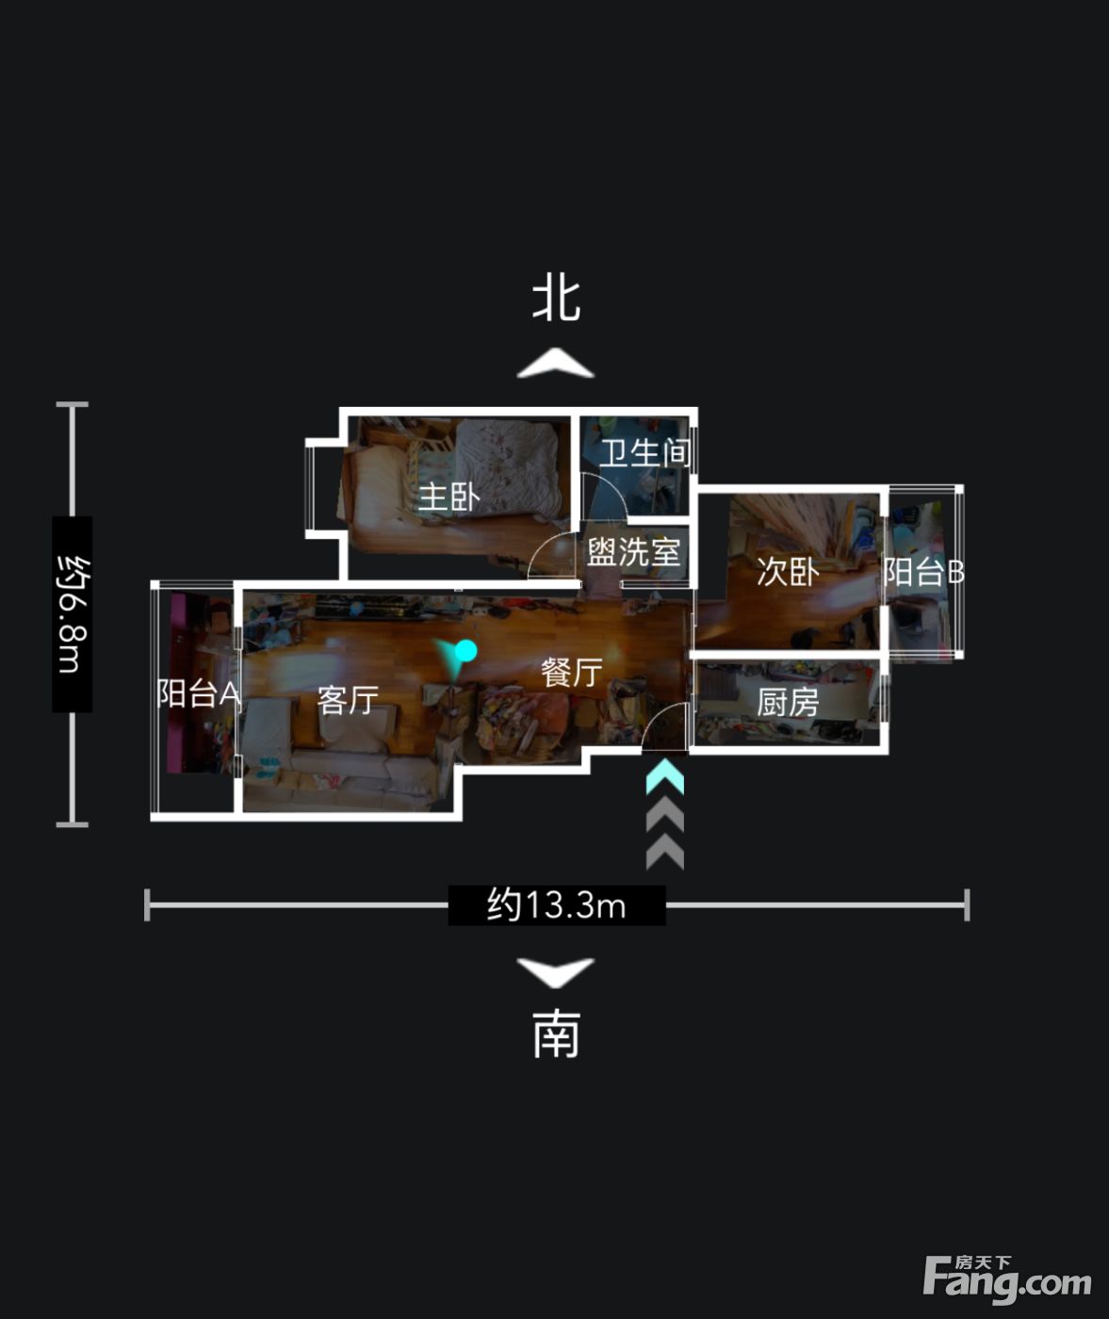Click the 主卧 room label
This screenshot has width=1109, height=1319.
(449, 497)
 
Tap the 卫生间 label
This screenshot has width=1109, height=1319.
(645, 453)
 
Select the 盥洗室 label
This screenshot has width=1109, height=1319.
(634, 552)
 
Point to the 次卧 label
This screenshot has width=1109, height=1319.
(788, 572)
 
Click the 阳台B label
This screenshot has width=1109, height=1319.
(923, 572)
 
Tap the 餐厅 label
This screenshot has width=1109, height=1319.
(571, 672)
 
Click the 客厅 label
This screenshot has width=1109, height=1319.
(348, 701)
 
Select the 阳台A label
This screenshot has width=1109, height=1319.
(199, 693)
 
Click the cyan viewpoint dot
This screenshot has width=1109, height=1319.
(466, 650)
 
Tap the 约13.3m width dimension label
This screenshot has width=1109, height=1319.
(557, 905)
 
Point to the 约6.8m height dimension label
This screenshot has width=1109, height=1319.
(73, 614)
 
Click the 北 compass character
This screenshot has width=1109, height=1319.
(556, 300)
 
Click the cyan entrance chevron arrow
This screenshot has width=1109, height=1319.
(665, 777)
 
